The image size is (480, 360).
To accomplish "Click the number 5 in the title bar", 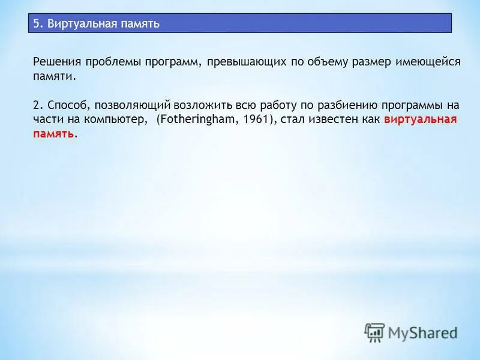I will tap(36, 24).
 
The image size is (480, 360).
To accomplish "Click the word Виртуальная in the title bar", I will tap(74, 24).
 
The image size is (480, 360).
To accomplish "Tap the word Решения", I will tap(56, 62).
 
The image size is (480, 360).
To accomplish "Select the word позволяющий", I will tap(125, 104).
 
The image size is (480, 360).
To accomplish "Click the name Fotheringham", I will tap(194, 119).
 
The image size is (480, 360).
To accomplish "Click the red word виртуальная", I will tap(420, 119).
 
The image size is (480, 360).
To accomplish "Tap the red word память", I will tap(54, 134).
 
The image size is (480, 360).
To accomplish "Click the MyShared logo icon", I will tap(374, 332).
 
